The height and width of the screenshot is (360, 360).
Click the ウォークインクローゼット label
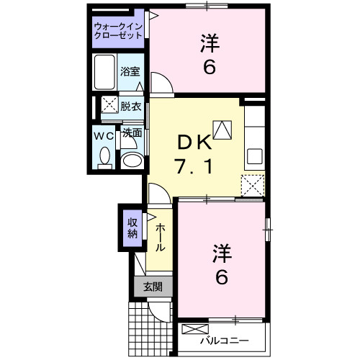119,32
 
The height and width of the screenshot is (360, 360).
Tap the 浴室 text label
130,72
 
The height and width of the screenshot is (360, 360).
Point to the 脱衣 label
131,105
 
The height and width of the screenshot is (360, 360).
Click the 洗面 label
131,132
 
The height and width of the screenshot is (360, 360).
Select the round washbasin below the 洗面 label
130,160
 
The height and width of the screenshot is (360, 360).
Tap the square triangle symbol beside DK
223,130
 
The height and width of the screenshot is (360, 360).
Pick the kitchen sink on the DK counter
254,156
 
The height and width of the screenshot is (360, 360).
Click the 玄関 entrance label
152,287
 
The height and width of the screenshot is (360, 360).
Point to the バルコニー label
224,340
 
